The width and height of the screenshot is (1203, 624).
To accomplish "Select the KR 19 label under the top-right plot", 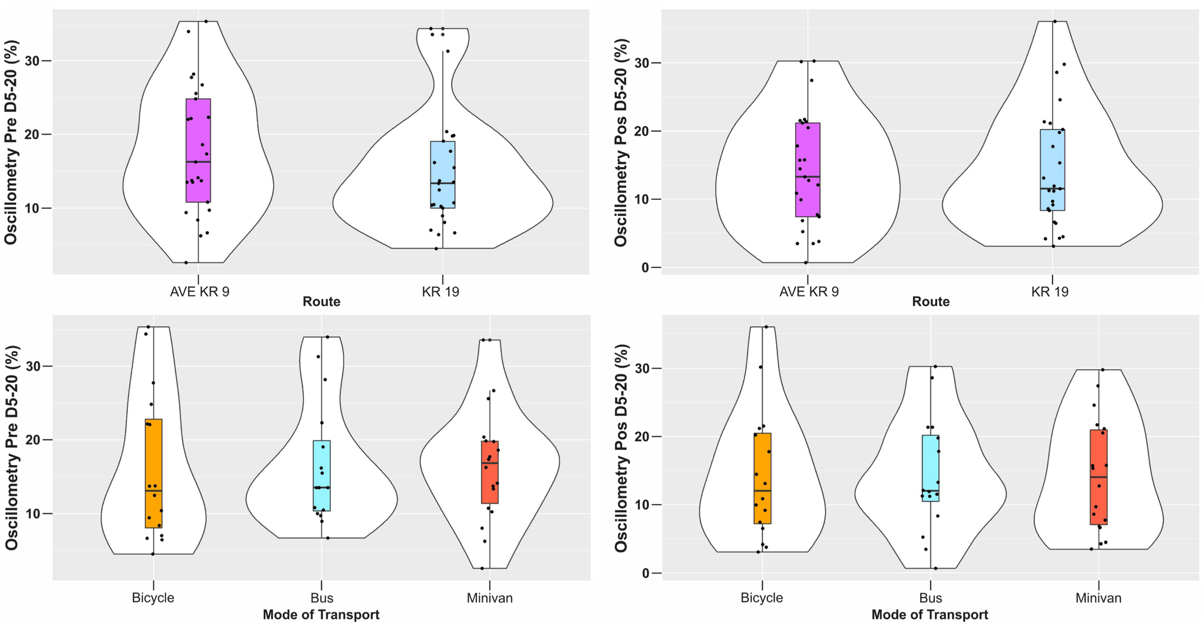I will click(x=1049, y=292).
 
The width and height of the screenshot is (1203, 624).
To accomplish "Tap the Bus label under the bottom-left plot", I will click(x=322, y=598).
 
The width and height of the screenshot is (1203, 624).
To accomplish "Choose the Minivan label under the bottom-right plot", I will click(x=1098, y=598).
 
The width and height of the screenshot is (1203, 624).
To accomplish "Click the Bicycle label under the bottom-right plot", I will click(x=762, y=598).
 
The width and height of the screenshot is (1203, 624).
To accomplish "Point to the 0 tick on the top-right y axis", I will click(x=645, y=268).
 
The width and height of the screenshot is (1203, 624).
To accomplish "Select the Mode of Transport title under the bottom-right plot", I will click(x=930, y=615).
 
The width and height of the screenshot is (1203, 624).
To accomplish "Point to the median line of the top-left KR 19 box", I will click(x=443, y=183).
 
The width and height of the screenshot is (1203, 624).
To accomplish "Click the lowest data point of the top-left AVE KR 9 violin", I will click(x=186, y=263).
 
